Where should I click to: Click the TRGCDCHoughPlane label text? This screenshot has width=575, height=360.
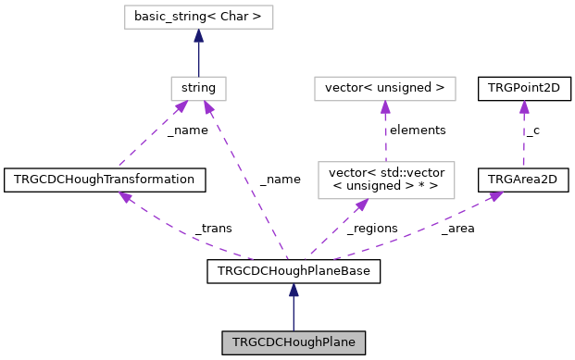click(x=294, y=342)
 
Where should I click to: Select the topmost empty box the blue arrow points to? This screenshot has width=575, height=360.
click(x=198, y=17)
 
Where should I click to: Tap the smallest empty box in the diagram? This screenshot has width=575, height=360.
click(x=198, y=89)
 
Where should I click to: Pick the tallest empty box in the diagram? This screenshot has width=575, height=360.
click(x=386, y=180)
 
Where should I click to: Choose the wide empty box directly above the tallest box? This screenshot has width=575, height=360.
click(x=384, y=89)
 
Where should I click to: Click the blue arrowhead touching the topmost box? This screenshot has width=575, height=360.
click(x=198, y=35)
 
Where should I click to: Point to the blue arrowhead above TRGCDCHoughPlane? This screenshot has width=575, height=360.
click(x=294, y=290)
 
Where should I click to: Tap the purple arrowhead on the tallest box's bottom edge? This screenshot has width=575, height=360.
click(x=361, y=205)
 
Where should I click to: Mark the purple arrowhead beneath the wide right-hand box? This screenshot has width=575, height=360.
click(x=385, y=107)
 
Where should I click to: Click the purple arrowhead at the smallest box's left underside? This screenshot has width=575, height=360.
click(x=181, y=107)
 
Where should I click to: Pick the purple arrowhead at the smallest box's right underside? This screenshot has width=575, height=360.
click(x=209, y=107)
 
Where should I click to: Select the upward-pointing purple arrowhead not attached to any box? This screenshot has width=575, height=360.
click(x=524, y=106)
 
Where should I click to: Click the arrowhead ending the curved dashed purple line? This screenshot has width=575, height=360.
click(x=125, y=196)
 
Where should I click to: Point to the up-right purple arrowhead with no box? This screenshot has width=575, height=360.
click(x=495, y=195)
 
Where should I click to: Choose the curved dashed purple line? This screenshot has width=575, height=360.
click(x=185, y=237)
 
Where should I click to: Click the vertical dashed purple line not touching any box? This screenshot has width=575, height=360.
click(x=524, y=139)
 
